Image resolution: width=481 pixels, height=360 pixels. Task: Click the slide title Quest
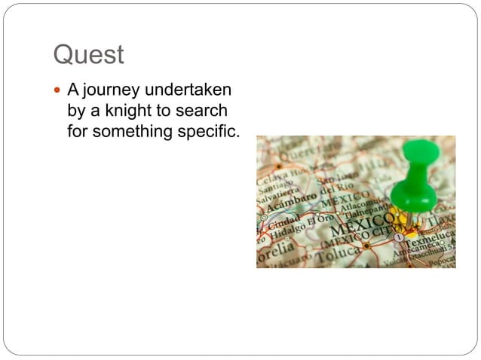pyautogui.click(x=88, y=55)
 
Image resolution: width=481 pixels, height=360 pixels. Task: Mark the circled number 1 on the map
pyautogui.click(x=399, y=236)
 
